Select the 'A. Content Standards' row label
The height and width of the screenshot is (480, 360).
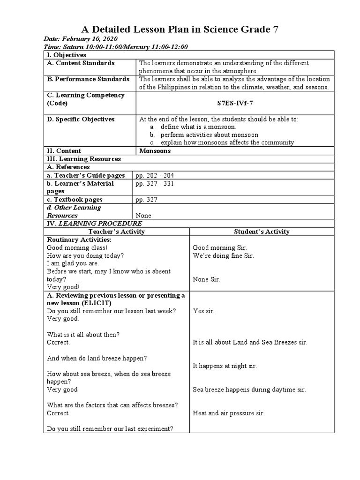click(x=81, y=63)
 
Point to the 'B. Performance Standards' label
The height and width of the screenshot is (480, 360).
click(x=88, y=79)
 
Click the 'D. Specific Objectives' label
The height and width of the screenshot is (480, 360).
click(x=81, y=119)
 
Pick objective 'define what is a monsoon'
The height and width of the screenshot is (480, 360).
click(x=198, y=127)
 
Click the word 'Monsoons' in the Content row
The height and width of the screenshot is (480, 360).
click(x=155, y=151)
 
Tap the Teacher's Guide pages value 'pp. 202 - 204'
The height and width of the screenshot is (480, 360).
click(x=154, y=175)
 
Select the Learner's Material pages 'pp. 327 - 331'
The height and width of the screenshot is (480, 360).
click(x=154, y=183)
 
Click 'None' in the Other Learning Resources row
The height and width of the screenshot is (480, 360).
click(x=143, y=216)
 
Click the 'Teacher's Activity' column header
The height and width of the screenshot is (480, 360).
click(x=116, y=232)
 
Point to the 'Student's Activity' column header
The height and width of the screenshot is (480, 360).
click(x=262, y=232)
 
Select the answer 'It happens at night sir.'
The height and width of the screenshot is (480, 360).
click(x=225, y=366)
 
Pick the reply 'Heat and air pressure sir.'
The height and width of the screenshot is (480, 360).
click(x=229, y=413)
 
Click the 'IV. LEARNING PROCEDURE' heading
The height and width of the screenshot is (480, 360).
click(x=94, y=224)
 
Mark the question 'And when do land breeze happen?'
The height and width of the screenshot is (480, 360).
click(x=97, y=358)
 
